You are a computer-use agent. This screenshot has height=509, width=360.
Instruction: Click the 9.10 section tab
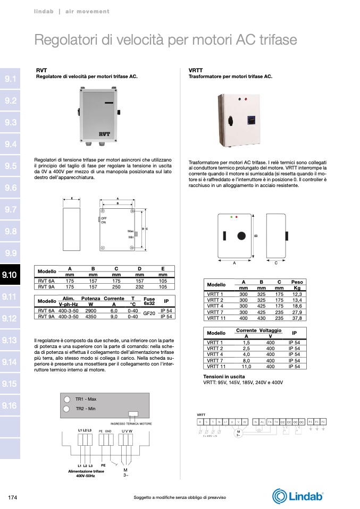(10, 275)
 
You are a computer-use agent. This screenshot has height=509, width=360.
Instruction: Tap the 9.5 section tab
(10, 166)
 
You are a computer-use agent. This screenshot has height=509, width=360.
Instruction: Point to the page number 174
(14, 497)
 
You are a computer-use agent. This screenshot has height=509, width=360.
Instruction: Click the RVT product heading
(41, 70)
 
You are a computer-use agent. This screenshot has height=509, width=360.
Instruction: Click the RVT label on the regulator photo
(104, 134)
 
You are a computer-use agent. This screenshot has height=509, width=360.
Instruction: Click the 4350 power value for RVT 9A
(90, 317)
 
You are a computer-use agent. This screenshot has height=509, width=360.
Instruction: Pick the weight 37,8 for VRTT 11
(297, 318)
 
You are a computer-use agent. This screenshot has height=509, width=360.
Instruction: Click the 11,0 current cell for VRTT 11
(246, 367)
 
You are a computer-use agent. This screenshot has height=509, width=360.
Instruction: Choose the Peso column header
(297, 282)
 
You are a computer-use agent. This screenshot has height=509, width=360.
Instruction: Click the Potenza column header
(91, 300)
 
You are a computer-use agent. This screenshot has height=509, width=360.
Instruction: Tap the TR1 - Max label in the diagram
(86, 398)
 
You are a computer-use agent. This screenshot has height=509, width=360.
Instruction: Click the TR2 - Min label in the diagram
(85, 409)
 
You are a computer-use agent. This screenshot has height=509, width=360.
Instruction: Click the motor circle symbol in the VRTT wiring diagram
(238, 431)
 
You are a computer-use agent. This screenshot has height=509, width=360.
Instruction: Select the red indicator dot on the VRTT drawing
(236, 217)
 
